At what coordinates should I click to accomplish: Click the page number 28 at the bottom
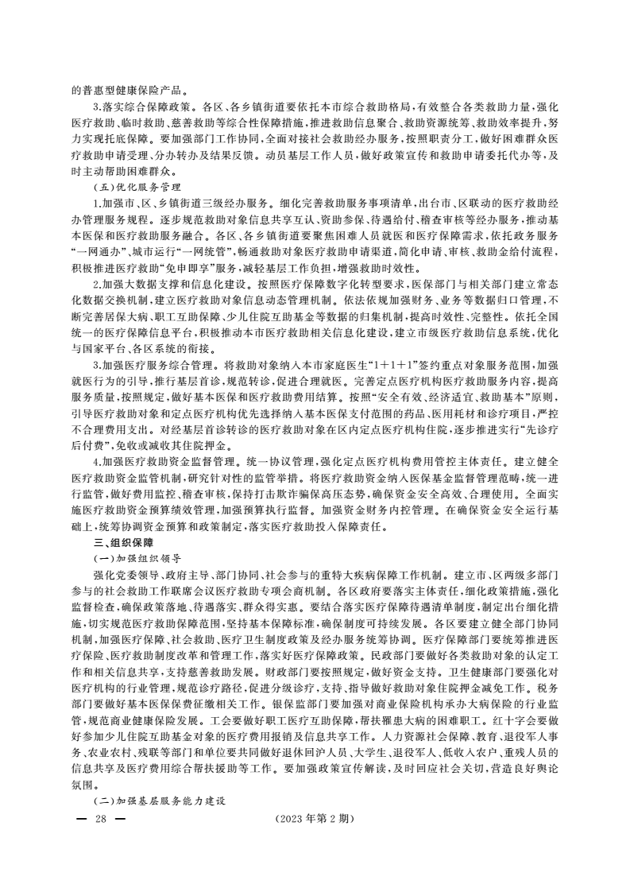[x=100, y=819]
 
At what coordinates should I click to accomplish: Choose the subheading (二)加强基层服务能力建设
[x=159, y=801]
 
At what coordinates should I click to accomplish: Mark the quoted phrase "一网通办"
[x=91, y=250]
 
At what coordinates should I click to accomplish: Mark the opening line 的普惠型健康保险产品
[x=128, y=89]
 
